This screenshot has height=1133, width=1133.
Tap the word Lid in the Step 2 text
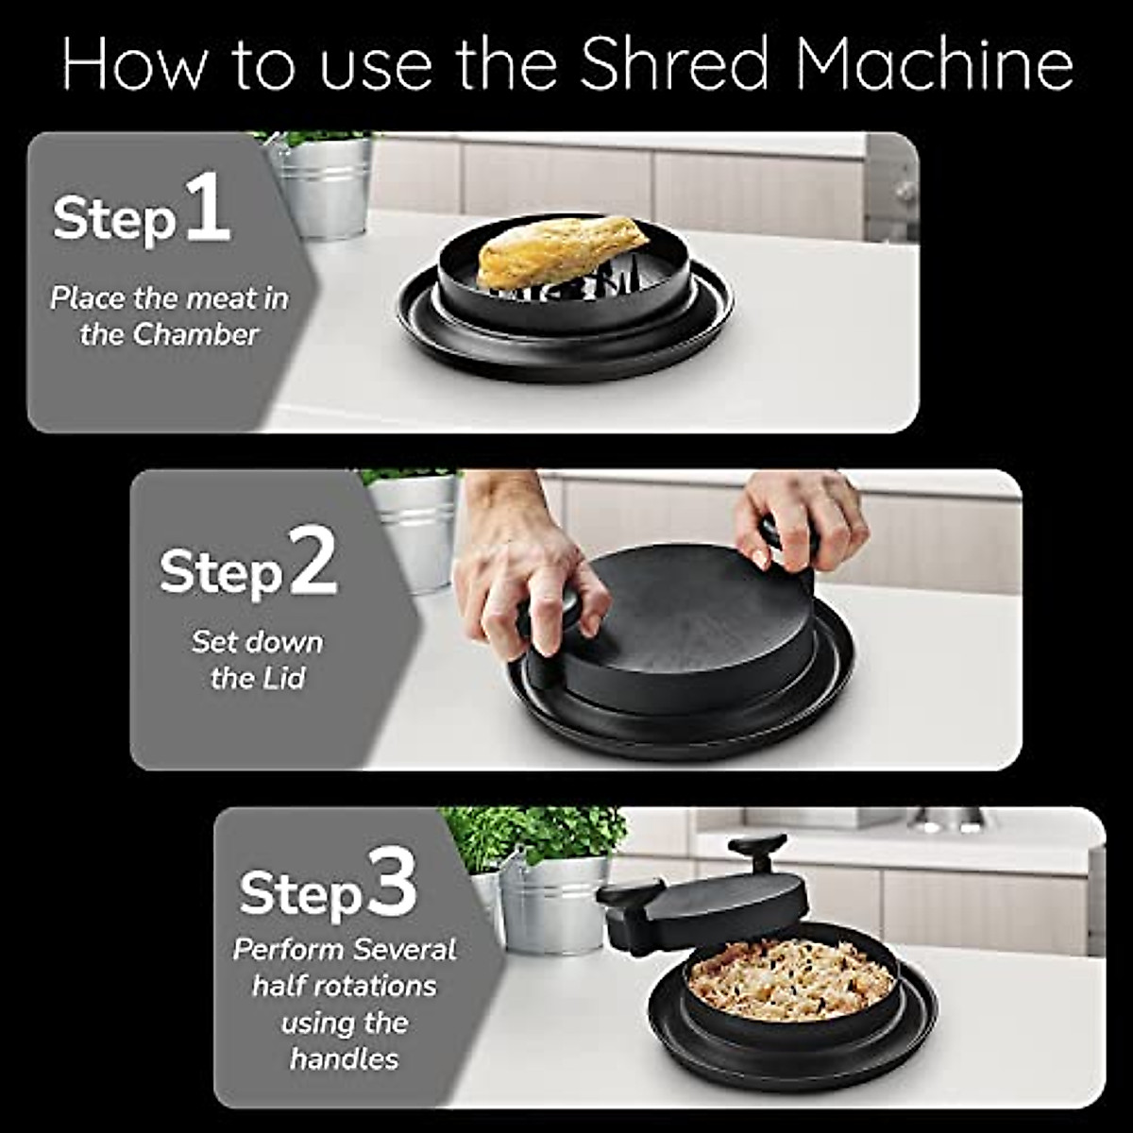pyautogui.click(x=284, y=678)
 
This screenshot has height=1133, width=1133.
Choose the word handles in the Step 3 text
pyautogui.click(x=345, y=1057)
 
